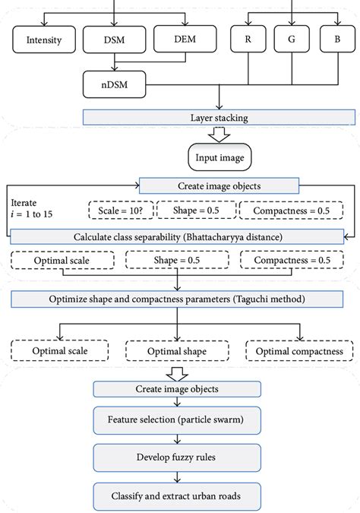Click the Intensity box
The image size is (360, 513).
[x=44, y=40]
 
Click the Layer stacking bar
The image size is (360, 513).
[x=218, y=118]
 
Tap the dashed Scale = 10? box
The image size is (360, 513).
[x=121, y=210]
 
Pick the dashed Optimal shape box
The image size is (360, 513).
[x=178, y=351]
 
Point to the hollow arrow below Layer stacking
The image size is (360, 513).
[x=218, y=135]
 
